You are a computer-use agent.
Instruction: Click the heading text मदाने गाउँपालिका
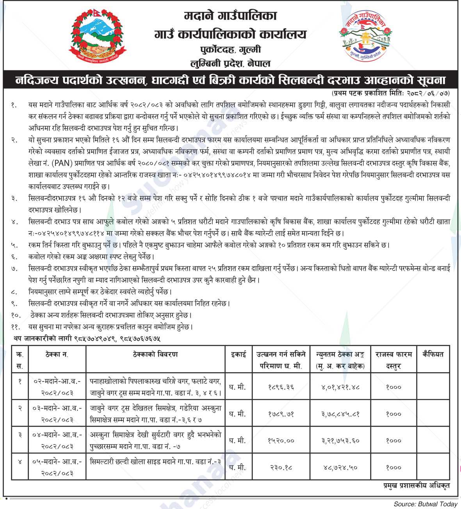[230, 16]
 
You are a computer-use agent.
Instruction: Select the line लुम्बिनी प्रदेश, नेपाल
[230, 63]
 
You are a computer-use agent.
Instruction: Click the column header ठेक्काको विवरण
[155, 354]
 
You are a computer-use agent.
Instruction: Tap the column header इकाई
[238, 354]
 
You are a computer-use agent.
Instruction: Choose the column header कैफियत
[433, 354]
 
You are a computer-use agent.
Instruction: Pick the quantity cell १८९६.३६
[281, 387]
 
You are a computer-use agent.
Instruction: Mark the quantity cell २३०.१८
[281, 467]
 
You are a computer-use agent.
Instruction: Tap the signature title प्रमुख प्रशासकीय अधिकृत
[417, 486]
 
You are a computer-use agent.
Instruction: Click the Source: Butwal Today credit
[425, 504]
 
